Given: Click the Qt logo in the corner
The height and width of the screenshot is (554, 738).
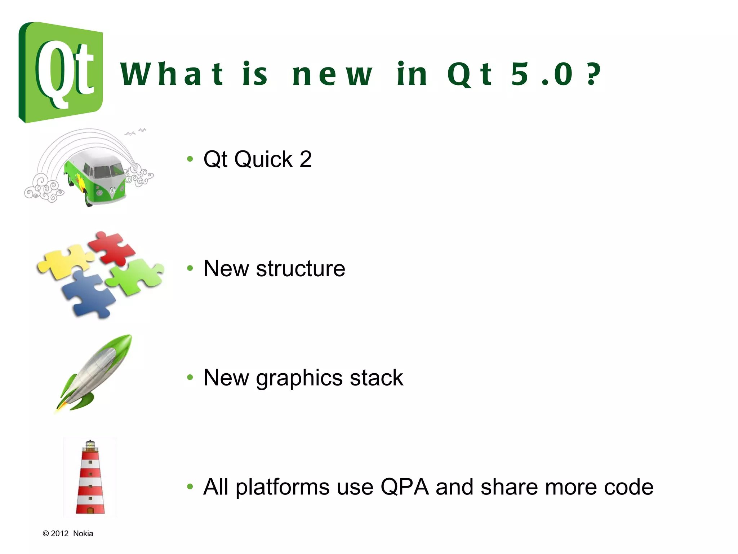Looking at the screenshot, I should (x=61, y=72).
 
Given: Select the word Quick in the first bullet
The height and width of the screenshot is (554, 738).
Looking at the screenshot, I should (x=263, y=159).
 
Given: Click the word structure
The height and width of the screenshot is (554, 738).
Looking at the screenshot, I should (x=301, y=269).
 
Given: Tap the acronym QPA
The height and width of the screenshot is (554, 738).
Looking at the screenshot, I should (x=404, y=487).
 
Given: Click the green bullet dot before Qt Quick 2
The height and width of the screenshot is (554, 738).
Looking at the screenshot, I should (x=190, y=159).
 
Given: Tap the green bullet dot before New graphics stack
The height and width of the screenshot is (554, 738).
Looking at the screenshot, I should (x=190, y=378).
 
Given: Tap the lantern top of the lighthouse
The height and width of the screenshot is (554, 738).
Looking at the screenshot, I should (x=90, y=446).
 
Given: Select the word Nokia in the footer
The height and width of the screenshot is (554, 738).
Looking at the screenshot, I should (x=83, y=533).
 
